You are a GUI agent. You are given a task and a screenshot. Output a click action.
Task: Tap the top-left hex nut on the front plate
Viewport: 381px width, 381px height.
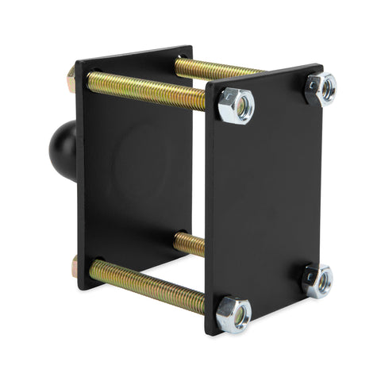click(x=236, y=105)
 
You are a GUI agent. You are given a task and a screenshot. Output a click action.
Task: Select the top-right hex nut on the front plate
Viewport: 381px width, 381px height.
click(x=320, y=87)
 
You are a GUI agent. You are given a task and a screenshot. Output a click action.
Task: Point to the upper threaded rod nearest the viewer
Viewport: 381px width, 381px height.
click(x=147, y=90)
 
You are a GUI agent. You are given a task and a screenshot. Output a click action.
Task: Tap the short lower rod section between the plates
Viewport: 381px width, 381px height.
click(x=189, y=243)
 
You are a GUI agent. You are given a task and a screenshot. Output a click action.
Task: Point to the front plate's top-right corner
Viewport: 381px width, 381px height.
click(x=321, y=66)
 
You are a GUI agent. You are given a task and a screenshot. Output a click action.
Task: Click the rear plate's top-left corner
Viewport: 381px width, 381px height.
click(x=76, y=61)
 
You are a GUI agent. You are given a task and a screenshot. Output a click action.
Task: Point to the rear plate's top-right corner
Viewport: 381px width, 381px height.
click(x=191, y=47)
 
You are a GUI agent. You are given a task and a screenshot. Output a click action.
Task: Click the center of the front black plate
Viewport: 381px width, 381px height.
click(x=264, y=198)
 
